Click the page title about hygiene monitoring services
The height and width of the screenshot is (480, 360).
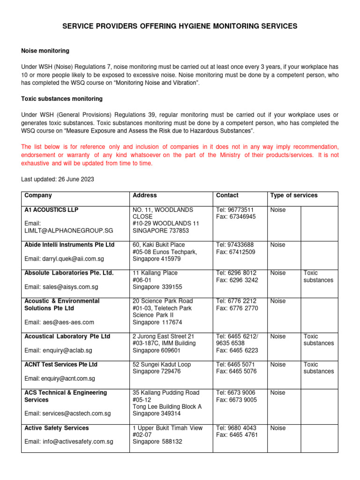tap(180, 27)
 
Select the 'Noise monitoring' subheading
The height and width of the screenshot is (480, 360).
tap(45, 51)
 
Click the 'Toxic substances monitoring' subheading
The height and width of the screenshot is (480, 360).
tap(62, 99)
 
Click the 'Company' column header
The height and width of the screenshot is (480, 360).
tap(38, 195)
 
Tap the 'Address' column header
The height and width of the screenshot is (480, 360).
tap(145, 195)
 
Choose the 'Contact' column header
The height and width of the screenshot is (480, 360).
tap(227, 195)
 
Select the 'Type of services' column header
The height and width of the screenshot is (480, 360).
tap(294, 195)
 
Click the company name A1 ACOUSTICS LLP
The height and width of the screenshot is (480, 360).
tap(52, 210)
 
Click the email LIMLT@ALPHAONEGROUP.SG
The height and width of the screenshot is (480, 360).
tap(69, 231)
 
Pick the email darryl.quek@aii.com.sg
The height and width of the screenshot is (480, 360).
tap(64, 259)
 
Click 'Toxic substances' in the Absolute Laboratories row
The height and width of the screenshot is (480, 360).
tap(319, 277)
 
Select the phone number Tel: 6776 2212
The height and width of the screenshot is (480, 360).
tap(237, 301)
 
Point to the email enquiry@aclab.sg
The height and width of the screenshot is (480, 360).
tap(58, 350)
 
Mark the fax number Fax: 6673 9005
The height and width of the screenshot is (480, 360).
tap(236, 400)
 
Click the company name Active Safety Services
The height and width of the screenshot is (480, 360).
tap(56, 428)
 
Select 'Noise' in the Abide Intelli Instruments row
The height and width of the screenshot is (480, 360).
tap(278, 245)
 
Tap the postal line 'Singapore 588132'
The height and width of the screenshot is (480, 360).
tap(157, 442)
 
